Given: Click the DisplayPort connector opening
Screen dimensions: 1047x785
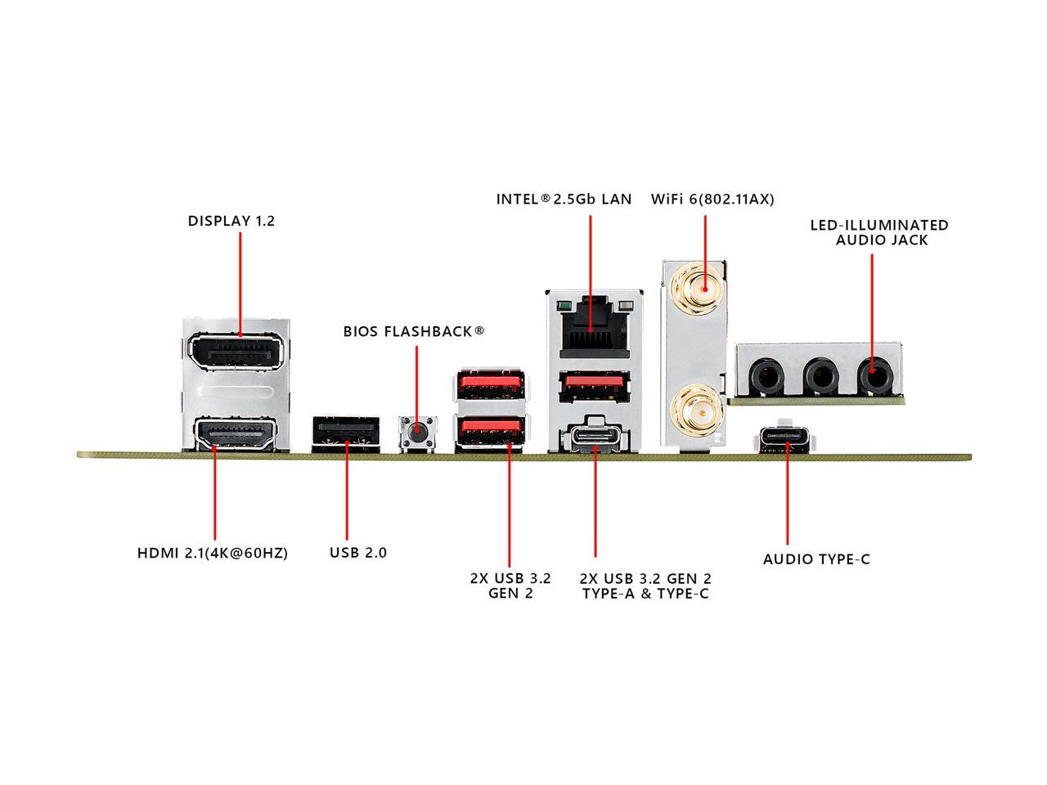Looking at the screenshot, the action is pos(236,352).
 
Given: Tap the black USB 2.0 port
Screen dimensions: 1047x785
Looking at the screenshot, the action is pos(346,434).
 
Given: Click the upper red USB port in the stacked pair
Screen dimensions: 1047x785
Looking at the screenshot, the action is pos(489,385).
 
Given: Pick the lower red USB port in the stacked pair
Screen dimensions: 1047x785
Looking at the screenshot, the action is pos(490,433).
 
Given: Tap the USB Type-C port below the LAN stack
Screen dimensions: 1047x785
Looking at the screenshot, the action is pos(595,437).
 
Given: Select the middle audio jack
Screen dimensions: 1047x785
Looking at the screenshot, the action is pos(820,376).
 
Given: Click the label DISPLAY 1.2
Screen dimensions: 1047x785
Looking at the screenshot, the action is pos(231,221).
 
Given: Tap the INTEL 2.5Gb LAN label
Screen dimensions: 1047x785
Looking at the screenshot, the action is pos(564,200).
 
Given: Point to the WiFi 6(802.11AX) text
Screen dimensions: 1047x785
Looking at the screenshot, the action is pos(712,200).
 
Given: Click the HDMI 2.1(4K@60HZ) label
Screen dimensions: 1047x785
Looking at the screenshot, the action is pos(213,554).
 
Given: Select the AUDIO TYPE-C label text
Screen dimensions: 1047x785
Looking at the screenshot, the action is pos(816,559).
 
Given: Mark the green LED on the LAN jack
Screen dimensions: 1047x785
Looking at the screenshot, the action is pos(565,305).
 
